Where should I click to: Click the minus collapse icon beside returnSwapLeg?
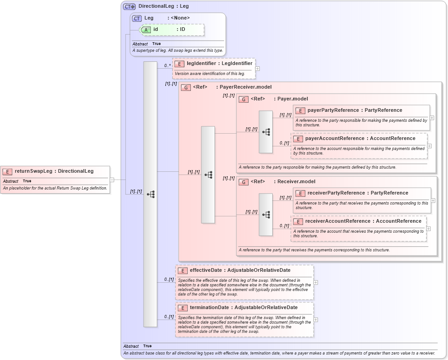coord(112,180)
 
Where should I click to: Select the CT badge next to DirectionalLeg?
coord(129,6)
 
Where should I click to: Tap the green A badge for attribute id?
coord(146,29)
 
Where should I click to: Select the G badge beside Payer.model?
coord(244,99)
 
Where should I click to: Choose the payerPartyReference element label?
coord(331,110)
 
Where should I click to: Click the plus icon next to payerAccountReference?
coord(429,146)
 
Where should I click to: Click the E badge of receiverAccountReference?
coord(298,221)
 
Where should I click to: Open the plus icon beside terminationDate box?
coord(316,320)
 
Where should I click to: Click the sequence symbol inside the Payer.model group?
coord(266,132)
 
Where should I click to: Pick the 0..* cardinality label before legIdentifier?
coord(168,66)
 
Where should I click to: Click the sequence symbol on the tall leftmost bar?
coord(150,194)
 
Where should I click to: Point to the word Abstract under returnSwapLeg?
coord(10,181)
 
